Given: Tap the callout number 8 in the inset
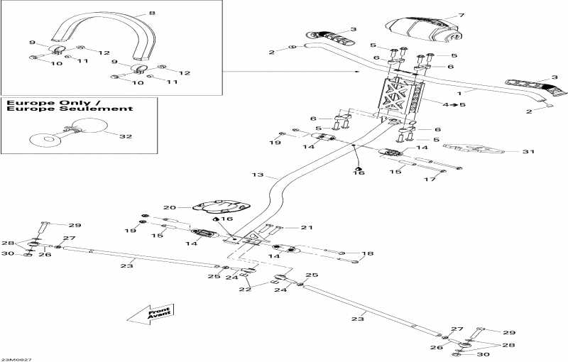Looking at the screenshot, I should click(x=151, y=13).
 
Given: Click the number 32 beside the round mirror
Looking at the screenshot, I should click(x=126, y=136).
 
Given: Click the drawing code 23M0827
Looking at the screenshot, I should click(x=16, y=358).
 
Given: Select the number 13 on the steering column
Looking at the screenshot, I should click(x=257, y=175).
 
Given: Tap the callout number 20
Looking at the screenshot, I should click(x=169, y=207).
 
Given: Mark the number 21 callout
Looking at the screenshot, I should click(x=306, y=228).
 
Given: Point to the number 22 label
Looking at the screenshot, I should click(x=246, y=288).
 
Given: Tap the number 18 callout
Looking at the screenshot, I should click(x=367, y=253).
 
